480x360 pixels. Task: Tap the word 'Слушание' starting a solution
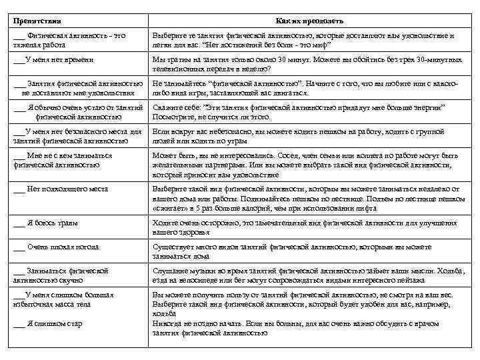pyautogui.click(x=170, y=271)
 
